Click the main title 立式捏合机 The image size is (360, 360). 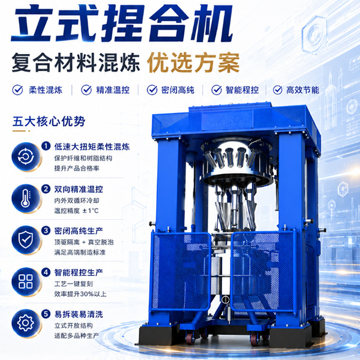122,23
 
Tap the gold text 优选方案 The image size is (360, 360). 193,62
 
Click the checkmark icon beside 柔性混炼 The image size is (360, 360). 17,90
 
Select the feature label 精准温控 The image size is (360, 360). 113,90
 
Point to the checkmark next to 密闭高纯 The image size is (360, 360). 152,90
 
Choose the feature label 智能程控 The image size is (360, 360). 242,90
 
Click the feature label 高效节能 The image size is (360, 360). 302,90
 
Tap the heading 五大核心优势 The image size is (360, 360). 49,121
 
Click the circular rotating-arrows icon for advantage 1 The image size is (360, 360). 26,157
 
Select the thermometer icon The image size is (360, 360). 26,199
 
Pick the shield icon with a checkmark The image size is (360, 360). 26,240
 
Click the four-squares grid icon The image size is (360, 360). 26,282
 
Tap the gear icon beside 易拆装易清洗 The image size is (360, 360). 26,323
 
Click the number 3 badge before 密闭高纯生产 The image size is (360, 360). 46,230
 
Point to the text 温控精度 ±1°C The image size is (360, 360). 76,211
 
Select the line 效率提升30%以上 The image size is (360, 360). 80,294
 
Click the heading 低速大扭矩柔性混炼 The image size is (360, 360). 92,147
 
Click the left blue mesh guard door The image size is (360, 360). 181,271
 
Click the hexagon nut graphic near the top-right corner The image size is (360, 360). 315,34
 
